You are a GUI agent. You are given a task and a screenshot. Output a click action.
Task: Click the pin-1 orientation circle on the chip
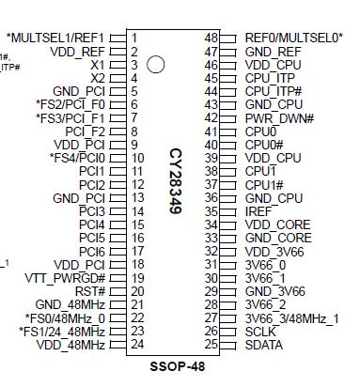click(157, 65)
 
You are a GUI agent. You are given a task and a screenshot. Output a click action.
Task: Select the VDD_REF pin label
click(77, 52)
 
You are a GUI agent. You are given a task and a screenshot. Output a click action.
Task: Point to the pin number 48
click(225, 38)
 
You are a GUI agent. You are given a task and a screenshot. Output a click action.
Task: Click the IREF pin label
click(259, 211)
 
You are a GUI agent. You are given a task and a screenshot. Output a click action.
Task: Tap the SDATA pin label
click(264, 345)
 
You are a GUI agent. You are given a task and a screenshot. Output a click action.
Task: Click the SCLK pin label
click(260, 332)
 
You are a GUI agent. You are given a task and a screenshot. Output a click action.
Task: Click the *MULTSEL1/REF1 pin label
click(56, 38)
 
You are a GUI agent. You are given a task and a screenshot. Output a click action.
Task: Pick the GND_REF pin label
click(273, 52)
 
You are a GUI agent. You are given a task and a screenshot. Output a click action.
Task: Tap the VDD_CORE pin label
click(277, 224)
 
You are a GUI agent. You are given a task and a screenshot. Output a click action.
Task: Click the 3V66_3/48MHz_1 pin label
click(291, 318)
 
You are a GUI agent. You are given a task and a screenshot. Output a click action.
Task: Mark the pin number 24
click(137, 345)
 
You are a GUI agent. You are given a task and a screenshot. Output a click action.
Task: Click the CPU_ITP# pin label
click(273, 91)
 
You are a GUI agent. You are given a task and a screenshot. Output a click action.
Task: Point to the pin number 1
click(134, 38)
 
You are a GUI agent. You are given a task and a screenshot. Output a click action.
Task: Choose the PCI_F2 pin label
click(86, 132)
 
